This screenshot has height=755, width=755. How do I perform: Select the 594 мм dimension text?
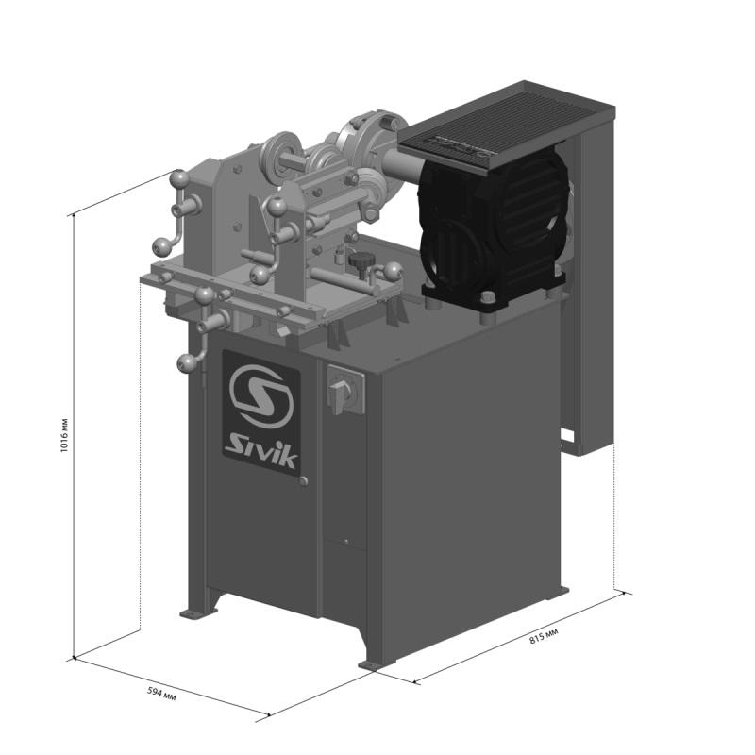(162, 694)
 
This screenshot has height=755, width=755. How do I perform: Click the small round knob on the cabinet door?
(303, 482)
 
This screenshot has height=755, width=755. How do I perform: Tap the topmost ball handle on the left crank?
(177, 176)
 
